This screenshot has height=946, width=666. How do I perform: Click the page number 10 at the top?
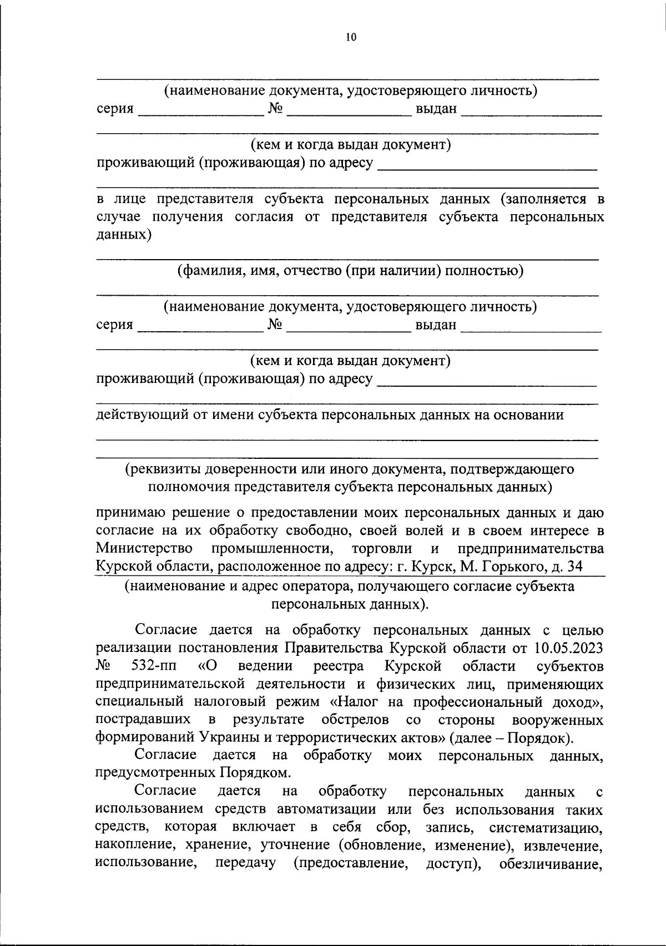(350, 37)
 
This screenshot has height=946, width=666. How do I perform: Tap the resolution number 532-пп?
(155, 666)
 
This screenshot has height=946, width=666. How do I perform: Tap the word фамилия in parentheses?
(210, 271)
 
